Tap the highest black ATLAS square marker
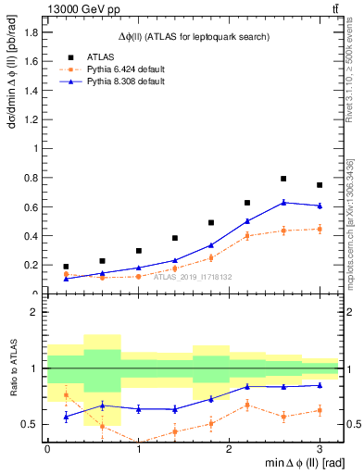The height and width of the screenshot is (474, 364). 283,179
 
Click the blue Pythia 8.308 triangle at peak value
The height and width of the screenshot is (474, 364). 283,202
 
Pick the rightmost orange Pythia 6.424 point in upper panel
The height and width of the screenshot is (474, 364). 320,229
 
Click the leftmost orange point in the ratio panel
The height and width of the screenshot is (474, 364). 66,395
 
